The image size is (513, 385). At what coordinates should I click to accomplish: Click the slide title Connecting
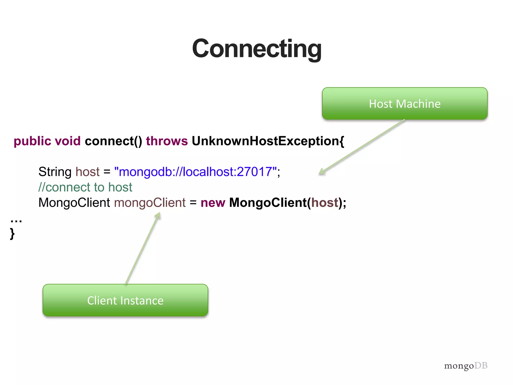[x=257, y=49]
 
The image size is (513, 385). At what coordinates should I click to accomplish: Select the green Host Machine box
[x=405, y=104]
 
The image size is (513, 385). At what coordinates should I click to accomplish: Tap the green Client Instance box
[x=125, y=300]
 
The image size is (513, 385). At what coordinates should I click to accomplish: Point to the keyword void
[x=68, y=141]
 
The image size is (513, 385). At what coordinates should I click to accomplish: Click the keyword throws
[x=167, y=141]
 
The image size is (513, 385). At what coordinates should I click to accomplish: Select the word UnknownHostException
[x=266, y=141]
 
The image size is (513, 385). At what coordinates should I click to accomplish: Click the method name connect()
[x=113, y=141]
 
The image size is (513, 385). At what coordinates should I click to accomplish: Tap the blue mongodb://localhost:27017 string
[x=196, y=172]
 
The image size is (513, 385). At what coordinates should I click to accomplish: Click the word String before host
[x=55, y=172]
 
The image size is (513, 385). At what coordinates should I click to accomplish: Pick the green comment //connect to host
[x=85, y=187]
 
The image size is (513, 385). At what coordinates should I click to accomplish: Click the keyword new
[x=213, y=203]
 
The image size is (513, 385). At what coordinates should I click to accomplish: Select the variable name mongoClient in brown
[x=150, y=203]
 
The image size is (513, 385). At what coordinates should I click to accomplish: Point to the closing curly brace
[x=12, y=234]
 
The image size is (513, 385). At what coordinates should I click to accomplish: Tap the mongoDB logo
[x=466, y=366]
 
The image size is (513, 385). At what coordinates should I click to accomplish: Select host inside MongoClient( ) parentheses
[x=325, y=203]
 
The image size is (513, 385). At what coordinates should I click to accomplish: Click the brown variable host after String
[x=87, y=172]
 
